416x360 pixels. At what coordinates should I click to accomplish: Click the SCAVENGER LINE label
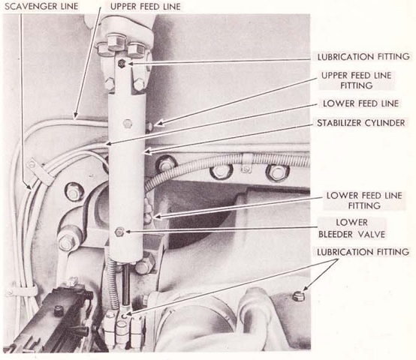pyautogui.click(x=41, y=6)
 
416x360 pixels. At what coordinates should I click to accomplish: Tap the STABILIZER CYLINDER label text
pyautogui.click(x=361, y=123)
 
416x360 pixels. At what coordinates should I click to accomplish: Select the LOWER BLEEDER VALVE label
pyautogui.click(x=351, y=228)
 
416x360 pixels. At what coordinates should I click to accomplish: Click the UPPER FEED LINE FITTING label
pyautogui.click(x=357, y=80)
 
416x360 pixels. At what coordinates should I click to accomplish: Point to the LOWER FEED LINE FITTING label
pyautogui.click(x=364, y=200)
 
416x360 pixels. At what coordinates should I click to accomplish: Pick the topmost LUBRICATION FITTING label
pyautogui.click(x=363, y=57)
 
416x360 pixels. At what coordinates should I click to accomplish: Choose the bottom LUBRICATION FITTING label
pyautogui.click(x=363, y=252)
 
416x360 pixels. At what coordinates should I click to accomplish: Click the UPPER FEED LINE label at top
pyautogui.click(x=146, y=6)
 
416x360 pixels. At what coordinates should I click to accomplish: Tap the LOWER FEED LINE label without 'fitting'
pyautogui.click(x=361, y=103)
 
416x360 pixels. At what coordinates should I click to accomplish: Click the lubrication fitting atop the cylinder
pyautogui.click(x=122, y=64)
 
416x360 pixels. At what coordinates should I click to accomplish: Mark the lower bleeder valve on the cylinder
pyautogui.click(x=119, y=232)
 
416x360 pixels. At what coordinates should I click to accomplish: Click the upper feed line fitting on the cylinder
pyautogui.click(x=149, y=126)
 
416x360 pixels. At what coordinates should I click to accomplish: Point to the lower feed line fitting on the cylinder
pyautogui.click(x=147, y=218)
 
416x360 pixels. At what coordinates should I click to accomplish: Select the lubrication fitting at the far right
pyautogui.click(x=298, y=296)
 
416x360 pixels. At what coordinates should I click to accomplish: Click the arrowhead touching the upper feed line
pyautogui.click(x=76, y=115)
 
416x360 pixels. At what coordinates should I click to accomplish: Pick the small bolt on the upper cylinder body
pyautogui.click(x=128, y=124)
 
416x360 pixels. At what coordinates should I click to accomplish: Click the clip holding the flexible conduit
pyautogui.click(x=246, y=161)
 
